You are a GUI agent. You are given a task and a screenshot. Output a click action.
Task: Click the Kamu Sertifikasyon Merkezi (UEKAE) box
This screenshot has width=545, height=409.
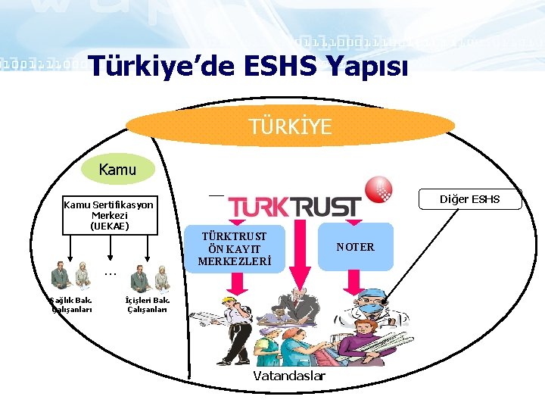[109, 215]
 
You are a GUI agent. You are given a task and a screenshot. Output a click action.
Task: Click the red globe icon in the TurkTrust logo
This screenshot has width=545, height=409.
[378, 189]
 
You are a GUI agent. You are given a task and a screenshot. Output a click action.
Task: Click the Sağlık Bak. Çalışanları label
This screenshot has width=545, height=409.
[71, 304]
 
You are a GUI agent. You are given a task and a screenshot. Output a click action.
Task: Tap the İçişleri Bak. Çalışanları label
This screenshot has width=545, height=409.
[147, 304]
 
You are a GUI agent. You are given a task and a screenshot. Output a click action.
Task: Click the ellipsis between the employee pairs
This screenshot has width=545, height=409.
[110, 273]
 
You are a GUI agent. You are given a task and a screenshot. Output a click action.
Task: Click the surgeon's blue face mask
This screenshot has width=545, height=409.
[372, 308]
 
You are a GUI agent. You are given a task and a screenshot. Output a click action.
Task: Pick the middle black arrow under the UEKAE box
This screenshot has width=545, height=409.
[111, 248]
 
